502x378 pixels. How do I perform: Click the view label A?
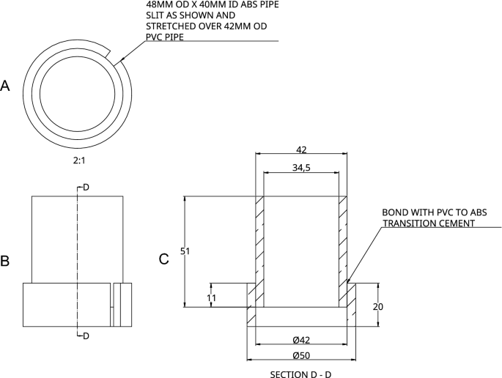click(5, 86)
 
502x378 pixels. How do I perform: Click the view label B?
click(5, 260)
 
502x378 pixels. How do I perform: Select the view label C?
click(164, 259)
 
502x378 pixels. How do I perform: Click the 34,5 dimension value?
click(301, 168)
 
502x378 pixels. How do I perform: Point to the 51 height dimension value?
click(185, 251)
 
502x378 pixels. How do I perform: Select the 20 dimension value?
click(377, 307)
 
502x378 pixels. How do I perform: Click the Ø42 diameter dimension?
click(300, 339)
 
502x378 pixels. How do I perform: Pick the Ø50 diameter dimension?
click(300, 355)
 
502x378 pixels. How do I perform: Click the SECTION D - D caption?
click(300, 373)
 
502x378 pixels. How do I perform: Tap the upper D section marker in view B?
click(86, 188)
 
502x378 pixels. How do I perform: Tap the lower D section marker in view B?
click(86, 336)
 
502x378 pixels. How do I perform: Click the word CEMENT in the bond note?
click(455, 223)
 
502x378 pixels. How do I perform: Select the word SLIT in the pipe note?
click(157, 15)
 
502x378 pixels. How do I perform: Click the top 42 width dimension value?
click(301, 149)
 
